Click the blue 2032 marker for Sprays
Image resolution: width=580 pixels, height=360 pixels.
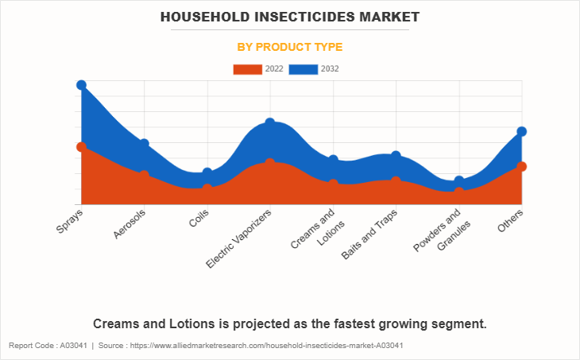[x=81, y=85]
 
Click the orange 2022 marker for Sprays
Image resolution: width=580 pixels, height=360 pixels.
[x=81, y=147]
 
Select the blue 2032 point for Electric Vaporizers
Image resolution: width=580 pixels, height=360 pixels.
[x=270, y=123]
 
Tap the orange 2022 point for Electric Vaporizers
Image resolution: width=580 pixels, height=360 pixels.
[x=270, y=163]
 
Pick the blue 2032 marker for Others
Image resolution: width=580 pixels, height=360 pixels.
[x=522, y=131]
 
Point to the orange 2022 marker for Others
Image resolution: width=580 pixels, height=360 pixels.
[x=522, y=166]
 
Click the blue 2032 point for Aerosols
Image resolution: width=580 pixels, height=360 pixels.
[x=144, y=144]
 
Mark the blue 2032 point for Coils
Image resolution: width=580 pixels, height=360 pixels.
[x=207, y=172]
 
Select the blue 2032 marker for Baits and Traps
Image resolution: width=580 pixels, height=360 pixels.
[x=396, y=156]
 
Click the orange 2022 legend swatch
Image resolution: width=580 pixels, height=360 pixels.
[x=247, y=69]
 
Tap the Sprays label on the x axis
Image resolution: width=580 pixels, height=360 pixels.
[x=70, y=221]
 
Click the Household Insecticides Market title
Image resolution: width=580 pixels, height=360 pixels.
[x=289, y=16]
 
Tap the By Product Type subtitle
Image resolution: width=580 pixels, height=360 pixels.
[x=289, y=47]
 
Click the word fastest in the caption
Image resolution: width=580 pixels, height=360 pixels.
[x=356, y=323]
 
